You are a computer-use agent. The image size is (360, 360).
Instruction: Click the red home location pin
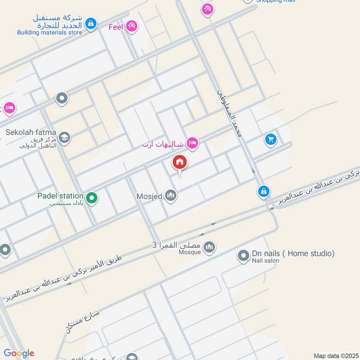point(180,163)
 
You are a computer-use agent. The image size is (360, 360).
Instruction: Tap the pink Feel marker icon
point(131,26)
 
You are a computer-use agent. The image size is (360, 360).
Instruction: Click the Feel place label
point(116,27)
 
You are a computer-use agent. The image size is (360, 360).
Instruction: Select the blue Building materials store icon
point(91,23)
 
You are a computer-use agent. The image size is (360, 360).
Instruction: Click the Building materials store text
point(49,32)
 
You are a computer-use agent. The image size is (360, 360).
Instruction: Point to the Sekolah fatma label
point(31,132)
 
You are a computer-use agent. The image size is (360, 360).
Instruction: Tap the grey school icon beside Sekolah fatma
point(64,136)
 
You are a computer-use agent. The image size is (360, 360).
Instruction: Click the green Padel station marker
point(92,198)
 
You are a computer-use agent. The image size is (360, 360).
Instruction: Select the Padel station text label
point(60,196)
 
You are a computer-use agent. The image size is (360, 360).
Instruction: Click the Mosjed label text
point(149,196)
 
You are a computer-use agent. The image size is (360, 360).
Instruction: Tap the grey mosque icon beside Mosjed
point(170,195)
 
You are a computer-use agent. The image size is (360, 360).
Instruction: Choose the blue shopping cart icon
point(270,139)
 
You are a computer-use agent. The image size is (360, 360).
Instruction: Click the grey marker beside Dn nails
point(243,256)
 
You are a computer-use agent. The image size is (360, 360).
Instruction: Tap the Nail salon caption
point(265,261)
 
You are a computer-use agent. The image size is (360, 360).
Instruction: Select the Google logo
point(18,353)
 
